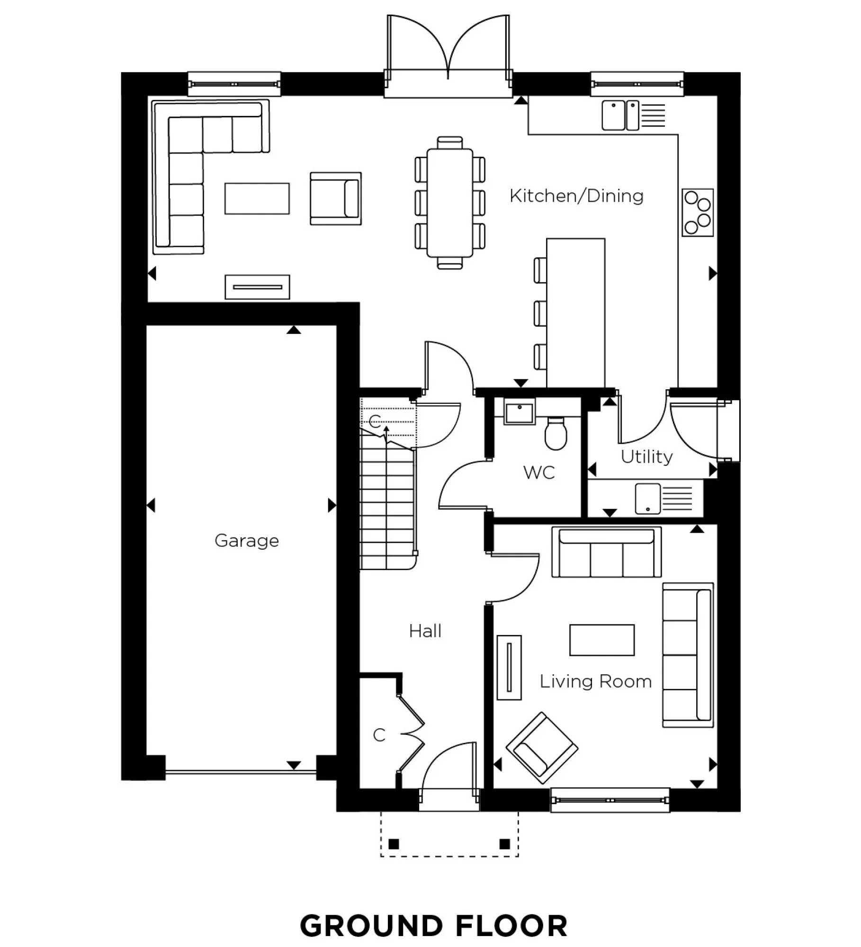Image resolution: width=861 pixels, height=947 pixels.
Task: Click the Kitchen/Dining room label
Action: tap(576, 196)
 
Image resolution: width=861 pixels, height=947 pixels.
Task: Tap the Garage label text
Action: tap(246, 540)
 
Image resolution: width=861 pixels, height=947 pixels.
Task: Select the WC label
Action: tap(539, 472)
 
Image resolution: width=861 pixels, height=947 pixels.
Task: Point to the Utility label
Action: tap(646, 456)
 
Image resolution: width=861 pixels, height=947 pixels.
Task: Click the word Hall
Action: tap(425, 631)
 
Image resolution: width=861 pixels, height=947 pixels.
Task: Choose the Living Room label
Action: tap(595, 681)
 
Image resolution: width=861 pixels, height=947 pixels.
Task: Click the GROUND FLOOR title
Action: tap(433, 926)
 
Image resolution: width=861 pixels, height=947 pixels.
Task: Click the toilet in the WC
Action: tap(556, 433)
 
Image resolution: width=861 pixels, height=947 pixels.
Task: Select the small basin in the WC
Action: tap(520, 412)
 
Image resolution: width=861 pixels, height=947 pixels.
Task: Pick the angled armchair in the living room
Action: tap(541, 748)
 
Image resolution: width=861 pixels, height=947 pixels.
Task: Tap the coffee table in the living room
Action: tap(601, 640)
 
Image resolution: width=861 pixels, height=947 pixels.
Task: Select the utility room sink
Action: tap(647, 498)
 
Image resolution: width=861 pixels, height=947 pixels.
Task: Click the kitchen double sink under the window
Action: tap(620, 115)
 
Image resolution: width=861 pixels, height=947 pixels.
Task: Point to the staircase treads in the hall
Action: tap(387, 507)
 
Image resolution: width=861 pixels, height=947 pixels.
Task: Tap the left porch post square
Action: tap(394, 844)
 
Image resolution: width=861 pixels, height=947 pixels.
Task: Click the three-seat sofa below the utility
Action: tap(606, 553)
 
